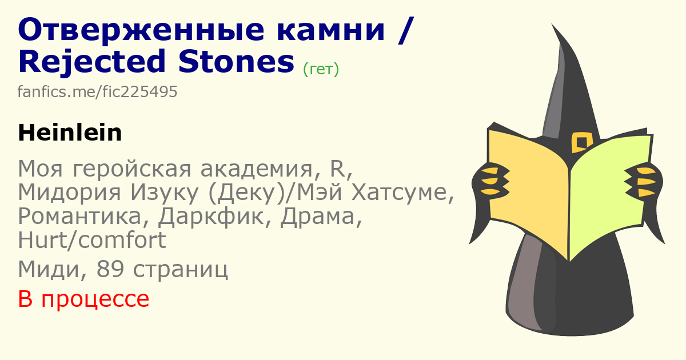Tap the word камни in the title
coord(330,30)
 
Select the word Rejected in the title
coord(92,62)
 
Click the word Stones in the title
coord(236,62)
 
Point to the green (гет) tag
coord(321,69)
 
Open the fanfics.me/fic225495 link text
coord(97,91)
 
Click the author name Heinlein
coord(70,133)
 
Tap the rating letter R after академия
coord(337,169)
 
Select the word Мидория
coord(70,193)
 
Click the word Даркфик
coord(211,217)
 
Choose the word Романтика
coord(79,216)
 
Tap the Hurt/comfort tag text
coord(92,240)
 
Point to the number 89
coord(110,269)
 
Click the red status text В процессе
coord(83,299)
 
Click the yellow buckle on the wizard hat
coord(581,142)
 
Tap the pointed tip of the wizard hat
coord(552,24)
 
